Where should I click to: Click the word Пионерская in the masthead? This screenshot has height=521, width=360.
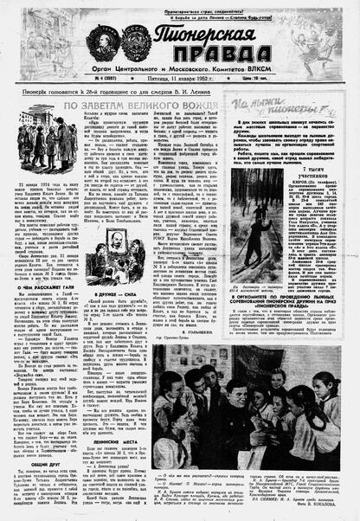pos(199,37)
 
